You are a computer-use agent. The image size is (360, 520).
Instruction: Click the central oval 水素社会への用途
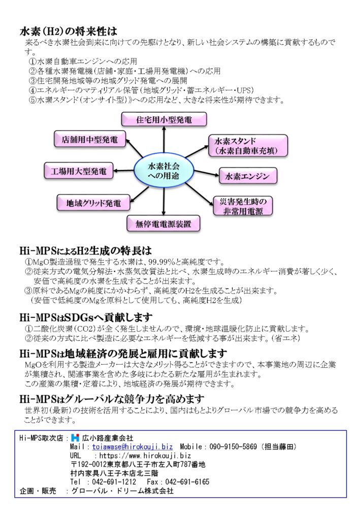[164, 171]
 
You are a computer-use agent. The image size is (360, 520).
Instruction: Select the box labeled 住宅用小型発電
[164, 119]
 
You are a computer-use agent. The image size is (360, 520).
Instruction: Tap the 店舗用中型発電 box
[90, 139]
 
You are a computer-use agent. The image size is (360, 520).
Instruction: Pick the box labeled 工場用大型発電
[79, 171]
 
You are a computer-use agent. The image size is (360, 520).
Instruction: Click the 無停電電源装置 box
[163, 224]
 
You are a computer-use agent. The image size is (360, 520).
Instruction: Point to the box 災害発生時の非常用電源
[243, 206]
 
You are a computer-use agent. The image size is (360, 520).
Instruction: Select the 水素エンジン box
[248, 176]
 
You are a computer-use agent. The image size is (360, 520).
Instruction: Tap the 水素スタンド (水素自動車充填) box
[248, 146]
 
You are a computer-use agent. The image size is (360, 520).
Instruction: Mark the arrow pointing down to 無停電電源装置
[164, 201]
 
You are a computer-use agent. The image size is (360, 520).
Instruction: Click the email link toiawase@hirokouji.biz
[133, 447]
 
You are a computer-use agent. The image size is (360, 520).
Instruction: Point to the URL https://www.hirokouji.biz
[145, 456]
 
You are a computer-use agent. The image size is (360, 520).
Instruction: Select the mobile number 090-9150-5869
[233, 447]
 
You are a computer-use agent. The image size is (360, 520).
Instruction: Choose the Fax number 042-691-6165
[187, 481]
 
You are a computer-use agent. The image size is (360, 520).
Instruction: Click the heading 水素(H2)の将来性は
[68, 31]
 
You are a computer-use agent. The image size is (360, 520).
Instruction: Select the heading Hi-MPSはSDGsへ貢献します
[86, 317]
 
